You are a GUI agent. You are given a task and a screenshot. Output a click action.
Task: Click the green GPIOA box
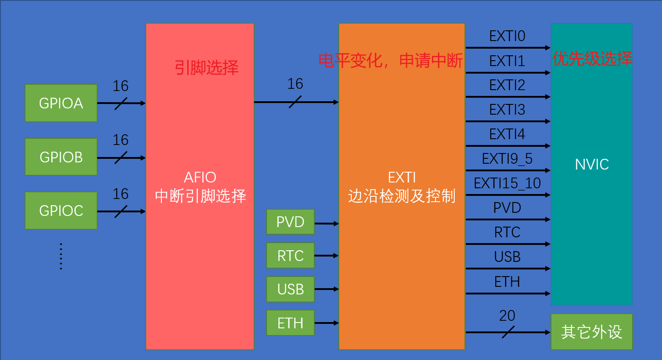tap(61, 103)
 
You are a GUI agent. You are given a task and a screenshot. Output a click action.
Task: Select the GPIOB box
tap(61, 157)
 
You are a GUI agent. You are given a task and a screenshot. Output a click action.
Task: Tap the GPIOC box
tap(61, 211)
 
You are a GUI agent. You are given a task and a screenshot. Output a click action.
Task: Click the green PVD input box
tap(290, 222)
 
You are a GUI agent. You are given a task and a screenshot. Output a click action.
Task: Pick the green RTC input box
tap(290, 256)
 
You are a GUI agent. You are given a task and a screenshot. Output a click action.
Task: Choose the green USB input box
tap(290, 289)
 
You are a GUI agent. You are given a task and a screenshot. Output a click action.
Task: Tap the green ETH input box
tap(290, 323)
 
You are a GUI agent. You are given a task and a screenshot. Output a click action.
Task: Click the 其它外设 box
tap(592, 332)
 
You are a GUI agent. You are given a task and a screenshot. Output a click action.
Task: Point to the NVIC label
tap(592, 165)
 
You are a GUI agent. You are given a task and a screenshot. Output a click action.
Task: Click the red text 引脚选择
tap(206, 68)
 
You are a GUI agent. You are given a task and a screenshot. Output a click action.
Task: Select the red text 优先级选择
tap(592, 59)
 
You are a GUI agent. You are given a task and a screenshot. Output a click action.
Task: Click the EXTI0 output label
tap(507, 37)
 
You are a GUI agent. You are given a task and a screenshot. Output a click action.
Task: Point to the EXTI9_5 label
tap(507, 159)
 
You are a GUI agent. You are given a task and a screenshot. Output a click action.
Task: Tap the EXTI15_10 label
tap(507, 183)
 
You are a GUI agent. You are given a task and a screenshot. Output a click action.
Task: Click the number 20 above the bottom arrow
tap(507, 316)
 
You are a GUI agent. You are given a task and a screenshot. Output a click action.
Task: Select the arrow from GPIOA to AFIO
tap(121, 103)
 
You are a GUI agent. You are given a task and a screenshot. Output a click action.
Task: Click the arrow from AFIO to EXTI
tap(296, 102)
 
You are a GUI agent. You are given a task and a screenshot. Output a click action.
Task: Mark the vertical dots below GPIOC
tap(61, 257)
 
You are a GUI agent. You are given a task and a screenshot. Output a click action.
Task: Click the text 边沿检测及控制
tap(402, 196)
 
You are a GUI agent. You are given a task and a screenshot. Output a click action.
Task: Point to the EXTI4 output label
tap(507, 134)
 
